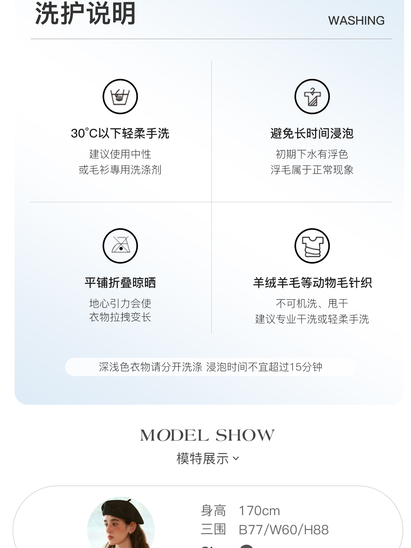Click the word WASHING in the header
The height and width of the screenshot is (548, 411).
click(x=356, y=21)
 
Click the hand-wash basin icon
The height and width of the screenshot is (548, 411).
click(x=120, y=96)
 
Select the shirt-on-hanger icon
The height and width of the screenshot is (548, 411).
click(x=312, y=96)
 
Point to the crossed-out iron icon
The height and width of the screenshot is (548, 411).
click(x=120, y=246)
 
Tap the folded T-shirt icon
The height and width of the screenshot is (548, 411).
click(x=312, y=246)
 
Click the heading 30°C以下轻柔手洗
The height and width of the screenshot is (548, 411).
click(x=120, y=133)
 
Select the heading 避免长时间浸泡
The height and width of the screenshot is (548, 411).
click(x=312, y=133)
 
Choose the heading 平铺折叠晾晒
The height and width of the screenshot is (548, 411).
click(x=120, y=283)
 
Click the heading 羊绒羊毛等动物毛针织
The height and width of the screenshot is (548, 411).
click(x=312, y=283)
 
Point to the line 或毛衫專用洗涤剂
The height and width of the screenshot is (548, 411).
click(x=120, y=170)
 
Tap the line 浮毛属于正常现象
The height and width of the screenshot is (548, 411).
click(x=312, y=170)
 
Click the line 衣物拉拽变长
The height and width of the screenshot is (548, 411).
click(x=120, y=317)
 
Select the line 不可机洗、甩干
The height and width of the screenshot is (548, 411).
click(x=312, y=303)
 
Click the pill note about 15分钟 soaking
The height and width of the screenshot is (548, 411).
click(x=210, y=367)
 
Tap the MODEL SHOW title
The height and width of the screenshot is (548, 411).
click(x=207, y=435)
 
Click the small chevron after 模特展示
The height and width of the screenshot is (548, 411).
click(x=236, y=458)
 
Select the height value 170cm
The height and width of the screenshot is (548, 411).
click(x=259, y=511)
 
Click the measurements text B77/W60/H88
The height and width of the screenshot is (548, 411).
click(x=284, y=530)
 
